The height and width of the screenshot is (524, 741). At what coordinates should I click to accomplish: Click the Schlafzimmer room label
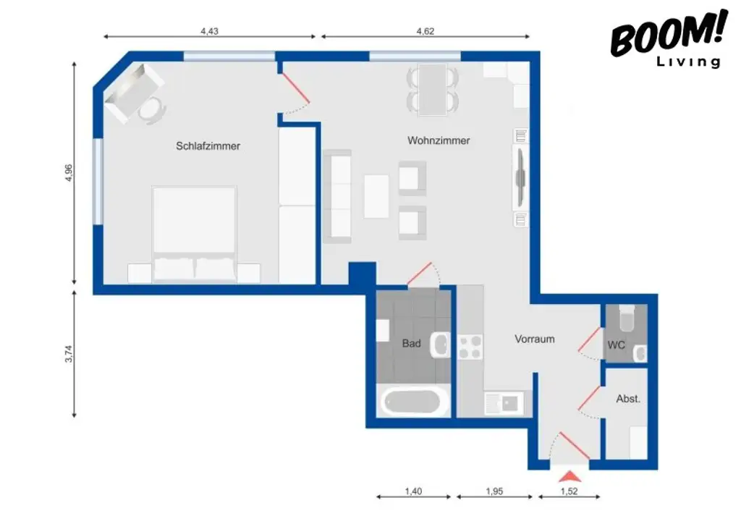click(x=208, y=146)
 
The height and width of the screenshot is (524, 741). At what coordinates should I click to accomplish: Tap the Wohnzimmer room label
click(x=439, y=140)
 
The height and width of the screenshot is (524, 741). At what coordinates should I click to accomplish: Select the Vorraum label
click(x=535, y=339)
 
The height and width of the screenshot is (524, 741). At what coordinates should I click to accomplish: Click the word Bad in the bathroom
click(x=411, y=344)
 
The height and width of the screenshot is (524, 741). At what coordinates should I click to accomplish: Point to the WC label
click(x=616, y=345)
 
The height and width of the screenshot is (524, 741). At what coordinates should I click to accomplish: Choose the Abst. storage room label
click(x=627, y=399)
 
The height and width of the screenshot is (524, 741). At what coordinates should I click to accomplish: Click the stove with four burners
click(x=470, y=346)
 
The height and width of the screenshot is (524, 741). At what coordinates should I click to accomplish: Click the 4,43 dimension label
click(x=209, y=31)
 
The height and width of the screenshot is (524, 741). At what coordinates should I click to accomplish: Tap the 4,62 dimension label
click(x=425, y=31)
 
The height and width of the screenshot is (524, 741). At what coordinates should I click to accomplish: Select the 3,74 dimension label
click(x=69, y=353)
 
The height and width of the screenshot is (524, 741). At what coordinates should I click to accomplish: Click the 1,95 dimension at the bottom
click(x=494, y=491)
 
